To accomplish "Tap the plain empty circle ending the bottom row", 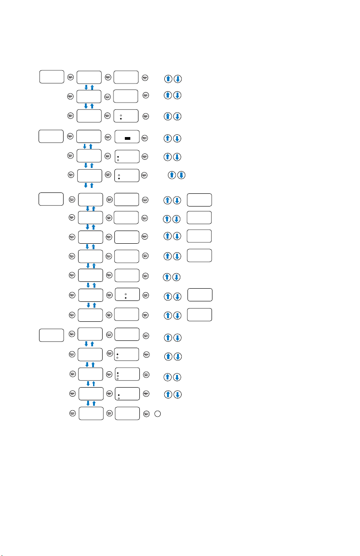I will click(157, 413).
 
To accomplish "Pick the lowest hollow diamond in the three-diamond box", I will click(118, 379).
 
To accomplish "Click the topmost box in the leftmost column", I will click(51, 77).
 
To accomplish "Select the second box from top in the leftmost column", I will click(51, 136).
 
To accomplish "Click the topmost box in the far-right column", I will click(200, 199).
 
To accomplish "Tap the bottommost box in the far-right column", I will click(200, 315).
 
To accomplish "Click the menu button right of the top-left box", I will click(70, 77).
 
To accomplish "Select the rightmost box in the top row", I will click(126, 77).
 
